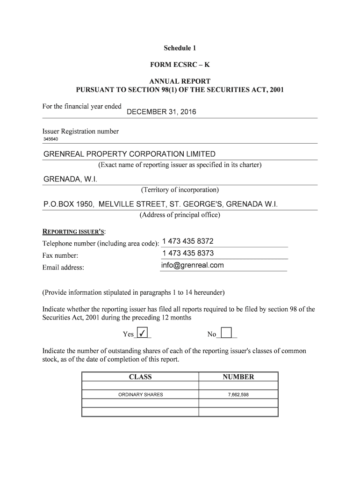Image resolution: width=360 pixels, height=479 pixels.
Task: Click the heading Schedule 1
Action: [x=180, y=48]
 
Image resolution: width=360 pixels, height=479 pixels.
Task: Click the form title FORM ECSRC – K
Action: [x=180, y=65]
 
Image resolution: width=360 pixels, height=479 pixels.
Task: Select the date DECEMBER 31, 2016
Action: [x=162, y=112]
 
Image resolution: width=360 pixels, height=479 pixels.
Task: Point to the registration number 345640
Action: [x=51, y=139]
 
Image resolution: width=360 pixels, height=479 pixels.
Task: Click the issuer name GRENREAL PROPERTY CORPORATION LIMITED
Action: [x=130, y=154]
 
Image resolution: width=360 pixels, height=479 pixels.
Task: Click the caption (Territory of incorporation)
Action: [x=180, y=190]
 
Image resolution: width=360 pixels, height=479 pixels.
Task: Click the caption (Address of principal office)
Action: [x=180, y=215]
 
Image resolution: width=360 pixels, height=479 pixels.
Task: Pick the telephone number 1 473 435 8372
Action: [x=187, y=241]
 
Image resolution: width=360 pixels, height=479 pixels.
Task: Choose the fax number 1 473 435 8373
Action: [x=188, y=253]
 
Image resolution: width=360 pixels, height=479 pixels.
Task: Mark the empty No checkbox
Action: [x=226, y=333]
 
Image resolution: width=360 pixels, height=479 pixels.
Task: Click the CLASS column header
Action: [x=140, y=377]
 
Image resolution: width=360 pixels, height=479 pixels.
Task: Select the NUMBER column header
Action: [x=238, y=377]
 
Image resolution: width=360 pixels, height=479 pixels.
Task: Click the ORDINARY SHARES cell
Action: [x=140, y=395]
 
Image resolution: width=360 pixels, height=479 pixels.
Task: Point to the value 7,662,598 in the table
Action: [x=238, y=395]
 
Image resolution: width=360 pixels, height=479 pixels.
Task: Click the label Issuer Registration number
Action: [x=80, y=131]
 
